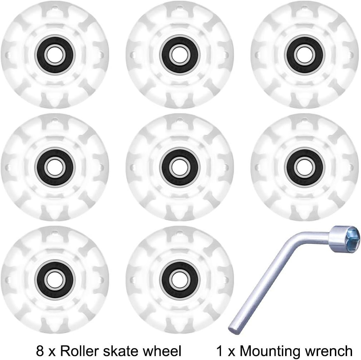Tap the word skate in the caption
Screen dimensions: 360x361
(x=127, y=350)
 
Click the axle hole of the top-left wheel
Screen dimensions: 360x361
(x=55, y=55)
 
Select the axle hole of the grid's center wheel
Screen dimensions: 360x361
(x=180, y=167)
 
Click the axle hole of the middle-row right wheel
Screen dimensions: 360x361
(x=304, y=167)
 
